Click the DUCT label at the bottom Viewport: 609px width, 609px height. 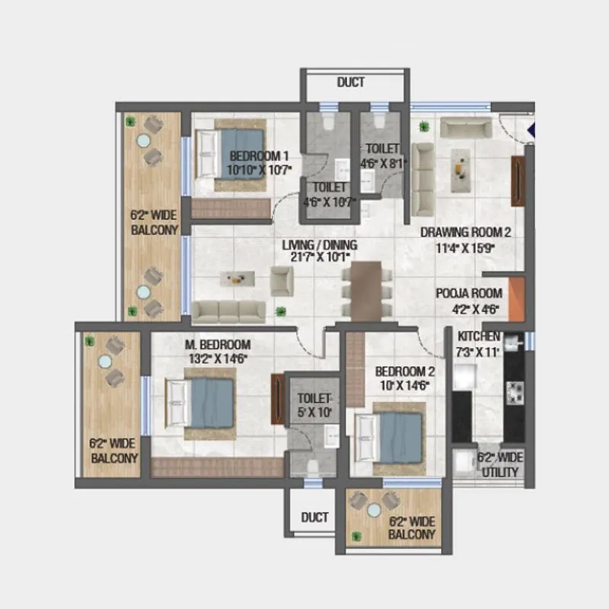tap(314, 517)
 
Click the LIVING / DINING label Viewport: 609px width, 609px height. tap(320, 245)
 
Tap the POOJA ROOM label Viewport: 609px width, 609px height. tap(468, 293)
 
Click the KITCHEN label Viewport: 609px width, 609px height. tap(479, 336)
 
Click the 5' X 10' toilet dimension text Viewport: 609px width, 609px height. tap(314, 412)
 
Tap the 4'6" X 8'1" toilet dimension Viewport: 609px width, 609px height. tap(382, 162)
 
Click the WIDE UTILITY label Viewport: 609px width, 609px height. tap(499, 472)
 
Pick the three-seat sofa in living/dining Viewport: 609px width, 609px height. tap(228, 310)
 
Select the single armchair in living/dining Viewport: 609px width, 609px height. tap(282, 281)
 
